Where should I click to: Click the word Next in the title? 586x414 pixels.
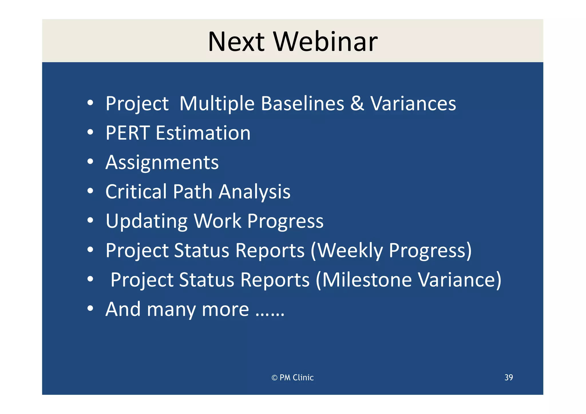[236, 42]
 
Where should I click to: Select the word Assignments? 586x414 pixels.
[162, 162]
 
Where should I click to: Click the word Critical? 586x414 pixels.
[136, 192]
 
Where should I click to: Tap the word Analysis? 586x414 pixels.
[254, 192]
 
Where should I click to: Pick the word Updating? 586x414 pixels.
[146, 222]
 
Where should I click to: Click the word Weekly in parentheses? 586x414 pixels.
[350, 251]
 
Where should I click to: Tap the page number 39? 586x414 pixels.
[508, 377]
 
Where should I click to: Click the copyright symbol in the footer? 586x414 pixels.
[274, 378]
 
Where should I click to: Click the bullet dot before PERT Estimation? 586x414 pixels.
[90, 132]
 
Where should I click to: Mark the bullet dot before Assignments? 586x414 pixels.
[90, 162]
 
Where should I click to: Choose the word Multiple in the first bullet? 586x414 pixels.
[217, 103]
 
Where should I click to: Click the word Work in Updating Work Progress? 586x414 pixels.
[217, 221]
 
